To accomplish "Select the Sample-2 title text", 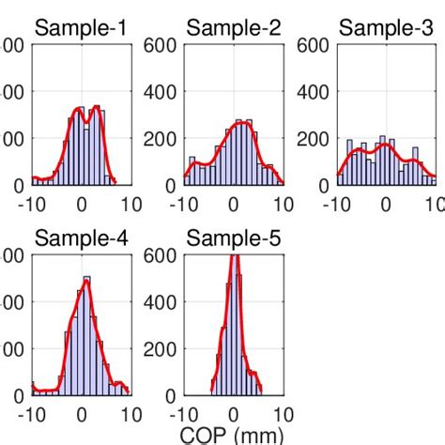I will coord(234,28).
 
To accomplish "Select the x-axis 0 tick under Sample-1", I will coord(82,205).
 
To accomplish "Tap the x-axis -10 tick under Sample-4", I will coord(31,415).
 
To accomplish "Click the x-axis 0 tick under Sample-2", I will coord(234,205).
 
